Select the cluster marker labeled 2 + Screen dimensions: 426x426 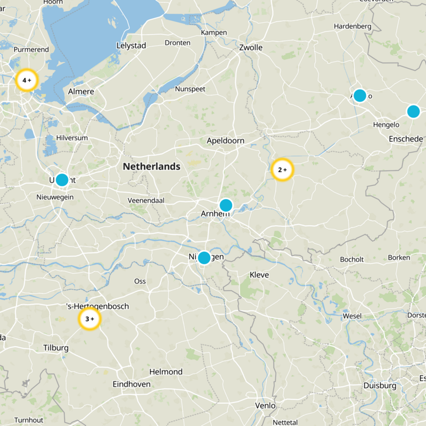(x=282, y=170)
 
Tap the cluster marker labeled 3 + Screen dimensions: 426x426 (x=89, y=319)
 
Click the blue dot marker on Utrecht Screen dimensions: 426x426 (x=62, y=179)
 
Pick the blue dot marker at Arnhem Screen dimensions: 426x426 (x=226, y=205)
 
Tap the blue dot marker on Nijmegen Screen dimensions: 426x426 (x=203, y=258)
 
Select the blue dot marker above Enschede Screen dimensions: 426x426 (x=413, y=111)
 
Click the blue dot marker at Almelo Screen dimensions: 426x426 (x=359, y=95)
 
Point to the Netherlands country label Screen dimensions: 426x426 (x=151, y=167)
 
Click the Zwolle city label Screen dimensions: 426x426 (x=251, y=47)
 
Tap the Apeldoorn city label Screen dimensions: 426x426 (x=225, y=141)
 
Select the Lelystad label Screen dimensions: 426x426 (x=131, y=46)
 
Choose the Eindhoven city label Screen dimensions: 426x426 (x=132, y=384)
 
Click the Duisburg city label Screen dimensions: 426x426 (x=380, y=386)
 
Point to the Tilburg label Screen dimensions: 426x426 (x=56, y=348)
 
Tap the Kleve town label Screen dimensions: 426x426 (x=259, y=275)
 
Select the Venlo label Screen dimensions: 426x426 (x=265, y=405)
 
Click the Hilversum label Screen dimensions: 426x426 (x=72, y=137)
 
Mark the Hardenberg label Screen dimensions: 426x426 (x=352, y=26)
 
